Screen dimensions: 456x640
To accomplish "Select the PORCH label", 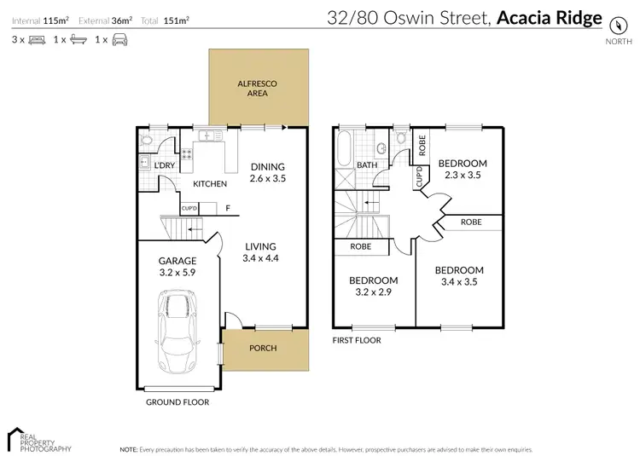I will coord(262,348).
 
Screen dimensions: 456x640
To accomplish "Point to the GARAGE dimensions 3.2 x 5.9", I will coord(177,274).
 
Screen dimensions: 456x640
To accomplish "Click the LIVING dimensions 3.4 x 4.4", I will coord(261,257).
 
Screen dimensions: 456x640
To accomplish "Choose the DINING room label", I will coord(267,166).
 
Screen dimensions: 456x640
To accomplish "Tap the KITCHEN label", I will coord(210,184).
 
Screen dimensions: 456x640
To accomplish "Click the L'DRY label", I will coord(164,166).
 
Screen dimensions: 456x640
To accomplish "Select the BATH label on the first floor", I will coord(367,165).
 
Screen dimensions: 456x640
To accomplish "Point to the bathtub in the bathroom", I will coord(344,149).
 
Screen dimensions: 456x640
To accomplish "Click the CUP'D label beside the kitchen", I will coord(189,208).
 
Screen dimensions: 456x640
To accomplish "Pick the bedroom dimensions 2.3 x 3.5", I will coord(463,176).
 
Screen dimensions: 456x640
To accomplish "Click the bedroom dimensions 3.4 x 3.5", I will coord(463,282).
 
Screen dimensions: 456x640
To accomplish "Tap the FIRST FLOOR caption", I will coord(357,340).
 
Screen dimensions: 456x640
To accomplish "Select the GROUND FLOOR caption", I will coord(178,402).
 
